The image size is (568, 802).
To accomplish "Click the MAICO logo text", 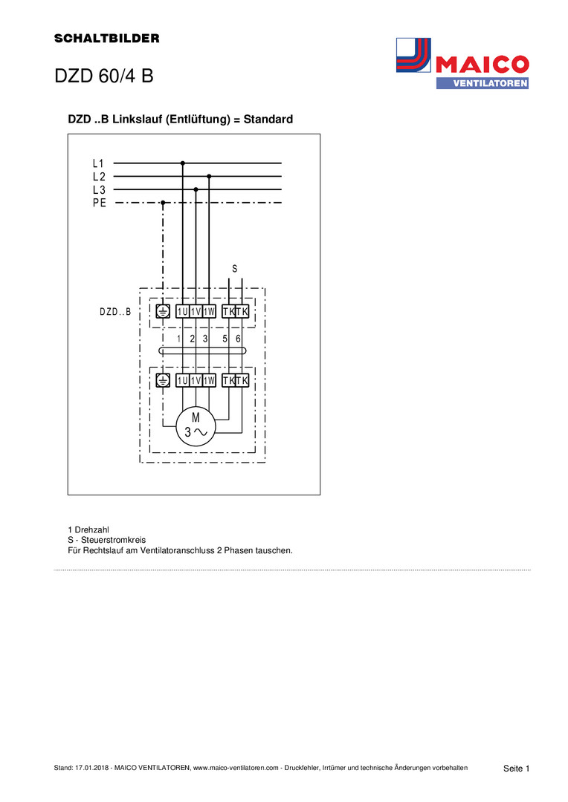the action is tap(482, 65).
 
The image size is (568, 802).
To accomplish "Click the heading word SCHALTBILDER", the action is tap(106, 39).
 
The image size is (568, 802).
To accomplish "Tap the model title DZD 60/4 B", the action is tap(104, 76).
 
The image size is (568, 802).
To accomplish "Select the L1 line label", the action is tap(98, 163).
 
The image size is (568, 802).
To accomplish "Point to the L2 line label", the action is tap(99, 177).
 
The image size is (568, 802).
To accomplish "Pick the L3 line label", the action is tap(99, 190).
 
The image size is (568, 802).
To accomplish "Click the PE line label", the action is tap(100, 203).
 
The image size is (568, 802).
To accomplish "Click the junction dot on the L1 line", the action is tap(183, 163).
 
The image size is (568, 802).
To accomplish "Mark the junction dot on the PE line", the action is tap(163, 203).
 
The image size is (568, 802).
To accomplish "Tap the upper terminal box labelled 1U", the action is tap(182, 311).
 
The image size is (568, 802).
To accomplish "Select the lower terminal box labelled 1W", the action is tap(209, 380).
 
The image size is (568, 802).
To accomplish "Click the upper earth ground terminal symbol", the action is tap(163, 311).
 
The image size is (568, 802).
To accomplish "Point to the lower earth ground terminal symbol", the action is tap(163, 380).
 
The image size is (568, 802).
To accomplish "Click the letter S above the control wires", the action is tap(235, 269).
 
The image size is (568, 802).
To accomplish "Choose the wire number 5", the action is tap(225, 339).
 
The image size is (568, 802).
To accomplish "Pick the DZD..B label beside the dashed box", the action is tap(115, 311).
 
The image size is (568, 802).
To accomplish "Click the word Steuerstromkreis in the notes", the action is tap(113, 540).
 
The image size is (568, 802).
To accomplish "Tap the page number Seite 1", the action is tap(516, 769).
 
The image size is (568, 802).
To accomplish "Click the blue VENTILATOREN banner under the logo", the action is tap(483, 83).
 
